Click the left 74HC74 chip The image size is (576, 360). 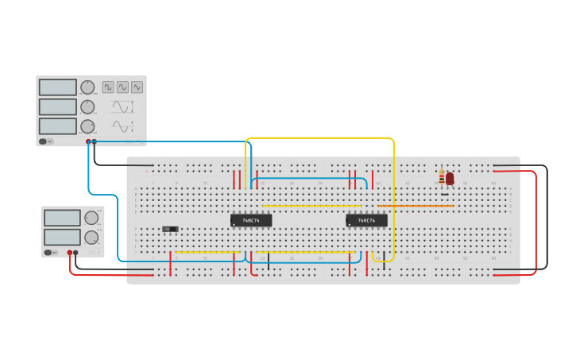(x=251, y=220)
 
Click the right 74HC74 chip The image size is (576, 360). (x=366, y=220)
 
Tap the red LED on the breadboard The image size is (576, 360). (x=450, y=179)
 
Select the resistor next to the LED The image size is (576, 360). (x=442, y=177)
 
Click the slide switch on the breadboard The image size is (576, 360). (x=170, y=229)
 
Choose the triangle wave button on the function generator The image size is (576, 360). (x=122, y=87)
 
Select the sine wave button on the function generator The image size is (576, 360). (x=137, y=87)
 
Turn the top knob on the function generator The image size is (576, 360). (x=87, y=87)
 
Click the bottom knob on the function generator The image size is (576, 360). (x=87, y=126)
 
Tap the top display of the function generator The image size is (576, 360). (x=58, y=87)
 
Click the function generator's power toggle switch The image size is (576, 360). (x=47, y=141)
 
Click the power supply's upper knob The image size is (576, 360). (x=91, y=218)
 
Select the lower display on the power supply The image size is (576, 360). (x=62, y=237)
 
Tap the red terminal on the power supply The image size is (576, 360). (x=70, y=253)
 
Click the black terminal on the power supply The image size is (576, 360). (x=76, y=253)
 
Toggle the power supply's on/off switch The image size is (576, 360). (x=50, y=253)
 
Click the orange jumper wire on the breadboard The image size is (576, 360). (x=416, y=206)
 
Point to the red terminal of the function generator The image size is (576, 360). (x=88, y=142)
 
